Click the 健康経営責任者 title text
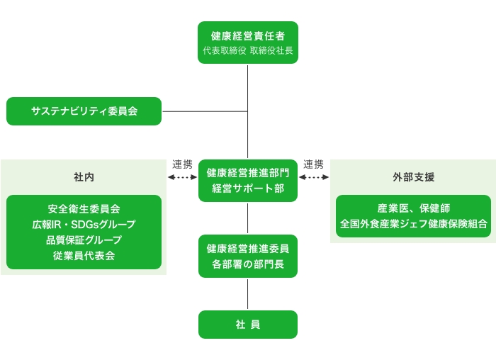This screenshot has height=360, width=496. pyautogui.click(x=248, y=36)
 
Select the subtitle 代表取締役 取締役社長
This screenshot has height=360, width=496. pyautogui.click(x=248, y=50)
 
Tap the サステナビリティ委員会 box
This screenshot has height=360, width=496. pyautogui.click(x=84, y=111)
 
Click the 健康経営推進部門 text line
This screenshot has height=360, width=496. pyautogui.click(x=248, y=173)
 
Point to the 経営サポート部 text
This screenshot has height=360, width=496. pyautogui.click(x=248, y=189)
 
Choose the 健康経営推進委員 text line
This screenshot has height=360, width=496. pyautogui.click(x=248, y=249)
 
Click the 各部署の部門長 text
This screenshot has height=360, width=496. pyautogui.click(x=248, y=264)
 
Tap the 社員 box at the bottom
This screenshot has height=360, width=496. pyautogui.click(x=248, y=325)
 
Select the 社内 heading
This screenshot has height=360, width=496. pyautogui.click(x=84, y=177)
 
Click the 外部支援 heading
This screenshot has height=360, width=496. pyautogui.click(x=413, y=177)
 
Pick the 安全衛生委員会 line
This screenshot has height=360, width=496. pyautogui.click(x=84, y=209)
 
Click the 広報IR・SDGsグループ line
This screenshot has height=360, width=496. pyautogui.click(x=84, y=224)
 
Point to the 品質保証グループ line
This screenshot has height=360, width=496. pyautogui.click(x=84, y=240)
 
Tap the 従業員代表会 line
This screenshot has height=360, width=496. pyautogui.click(x=84, y=255)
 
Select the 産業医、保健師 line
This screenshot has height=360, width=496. pyautogui.click(x=413, y=208)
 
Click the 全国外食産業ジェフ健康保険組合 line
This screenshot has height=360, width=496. pyautogui.click(x=413, y=224)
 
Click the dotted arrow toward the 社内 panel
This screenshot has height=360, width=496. pyautogui.click(x=183, y=177)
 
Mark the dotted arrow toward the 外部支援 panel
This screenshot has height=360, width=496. pyautogui.click(x=314, y=177)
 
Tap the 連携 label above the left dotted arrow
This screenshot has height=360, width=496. pyautogui.click(x=182, y=164)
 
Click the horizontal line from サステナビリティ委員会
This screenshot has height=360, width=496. pyautogui.click(x=205, y=111)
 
